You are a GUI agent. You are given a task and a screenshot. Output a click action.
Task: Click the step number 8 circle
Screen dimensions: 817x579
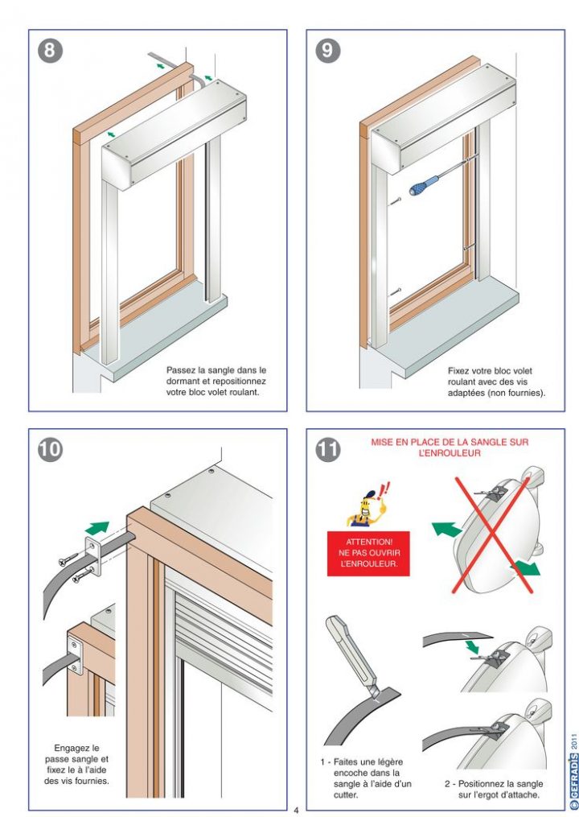point(50,51)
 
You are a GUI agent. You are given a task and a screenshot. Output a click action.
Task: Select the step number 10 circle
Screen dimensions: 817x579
point(50,449)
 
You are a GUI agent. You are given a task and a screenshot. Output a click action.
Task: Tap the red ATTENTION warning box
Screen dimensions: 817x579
point(368,553)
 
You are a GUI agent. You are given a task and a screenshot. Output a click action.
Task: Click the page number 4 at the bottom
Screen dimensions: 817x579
point(296,809)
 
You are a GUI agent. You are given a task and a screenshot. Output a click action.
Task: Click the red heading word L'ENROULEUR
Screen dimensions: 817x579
point(449,453)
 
